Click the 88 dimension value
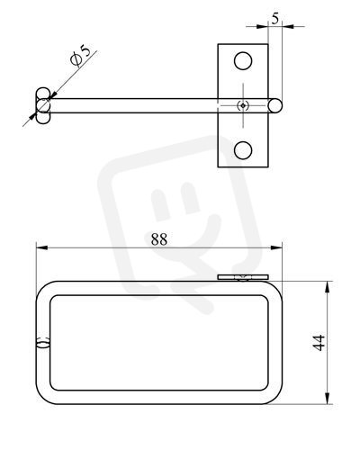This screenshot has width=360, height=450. (159, 239)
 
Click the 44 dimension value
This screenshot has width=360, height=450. (319, 343)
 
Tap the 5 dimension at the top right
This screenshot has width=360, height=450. (274, 19)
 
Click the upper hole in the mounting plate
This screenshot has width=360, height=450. (243, 61)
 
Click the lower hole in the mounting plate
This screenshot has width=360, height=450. (243, 150)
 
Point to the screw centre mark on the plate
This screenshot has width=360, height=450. (243, 105)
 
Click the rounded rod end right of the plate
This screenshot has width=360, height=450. (275, 105)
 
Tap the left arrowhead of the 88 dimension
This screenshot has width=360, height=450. (41, 247)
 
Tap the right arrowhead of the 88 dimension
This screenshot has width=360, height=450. (276, 247)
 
